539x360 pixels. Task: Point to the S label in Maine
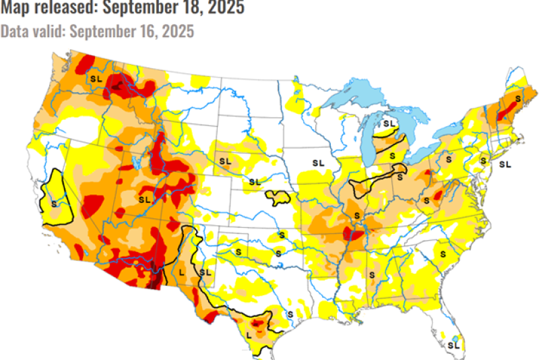[517, 98]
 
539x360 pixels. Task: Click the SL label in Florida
[453, 344]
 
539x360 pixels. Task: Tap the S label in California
[54, 202]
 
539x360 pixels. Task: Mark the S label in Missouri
[357, 214]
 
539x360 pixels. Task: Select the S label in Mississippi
[372, 274]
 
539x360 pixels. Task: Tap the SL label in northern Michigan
[389, 124]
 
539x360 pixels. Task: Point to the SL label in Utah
[144, 200]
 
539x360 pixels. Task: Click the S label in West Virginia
[426, 200]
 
